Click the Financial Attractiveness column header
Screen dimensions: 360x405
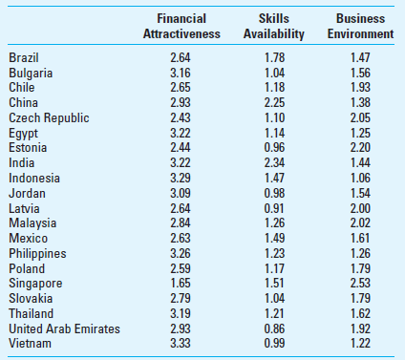pos(181,26)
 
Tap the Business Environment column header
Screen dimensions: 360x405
pos(360,26)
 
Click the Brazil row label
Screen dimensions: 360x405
pos(25,58)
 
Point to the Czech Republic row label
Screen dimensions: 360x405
pos(49,117)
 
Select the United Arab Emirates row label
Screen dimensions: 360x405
pos(64,328)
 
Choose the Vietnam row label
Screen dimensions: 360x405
pos(30,344)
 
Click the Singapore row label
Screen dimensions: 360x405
pos(35,284)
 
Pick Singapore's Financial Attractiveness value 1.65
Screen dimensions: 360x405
pos(180,284)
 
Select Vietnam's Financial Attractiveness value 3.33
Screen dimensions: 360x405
pos(180,344)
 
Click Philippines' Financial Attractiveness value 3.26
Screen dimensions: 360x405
pos(180,253)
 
